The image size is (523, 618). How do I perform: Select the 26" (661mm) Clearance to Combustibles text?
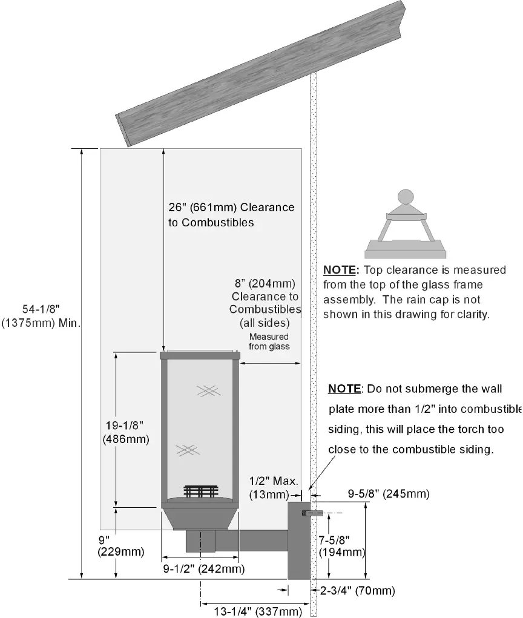(x=231, y=215)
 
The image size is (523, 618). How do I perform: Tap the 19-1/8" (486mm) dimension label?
(x=126, y=432)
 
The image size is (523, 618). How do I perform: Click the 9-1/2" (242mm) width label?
(x=204, y=569)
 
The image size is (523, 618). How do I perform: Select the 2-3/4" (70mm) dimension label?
(x=358, y=590)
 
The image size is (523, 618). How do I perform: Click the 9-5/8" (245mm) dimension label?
(x=389, y=494)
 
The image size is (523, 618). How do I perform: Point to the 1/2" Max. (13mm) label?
(x=274, y=488)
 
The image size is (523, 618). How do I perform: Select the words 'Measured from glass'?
(x=269, y=341)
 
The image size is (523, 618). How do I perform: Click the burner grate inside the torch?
(x=200, y=491)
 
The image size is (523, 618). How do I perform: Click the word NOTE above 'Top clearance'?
(x=342, y=270)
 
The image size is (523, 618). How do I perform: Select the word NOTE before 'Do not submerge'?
(x=346, y=388)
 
